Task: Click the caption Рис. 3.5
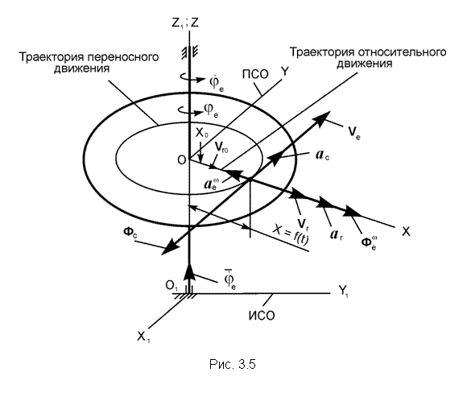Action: [x=233, y=364]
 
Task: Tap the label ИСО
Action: [x=262, y=316]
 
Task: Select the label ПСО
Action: [x=255, y=74]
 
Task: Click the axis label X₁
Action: [x=143, y=337]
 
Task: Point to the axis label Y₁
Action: [x=343, y=291]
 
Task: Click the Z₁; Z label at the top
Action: [x=185, y=23]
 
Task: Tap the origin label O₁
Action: [x=172, y=287]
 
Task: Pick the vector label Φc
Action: [x=130, y=232]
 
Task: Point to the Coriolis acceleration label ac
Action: [x=322, y=155]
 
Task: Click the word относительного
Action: [x=402, y=52]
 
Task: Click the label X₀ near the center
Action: [x=201, y=132]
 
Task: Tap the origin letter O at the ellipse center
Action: [x=181, y=160]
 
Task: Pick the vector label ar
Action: [x=337, y=234]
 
